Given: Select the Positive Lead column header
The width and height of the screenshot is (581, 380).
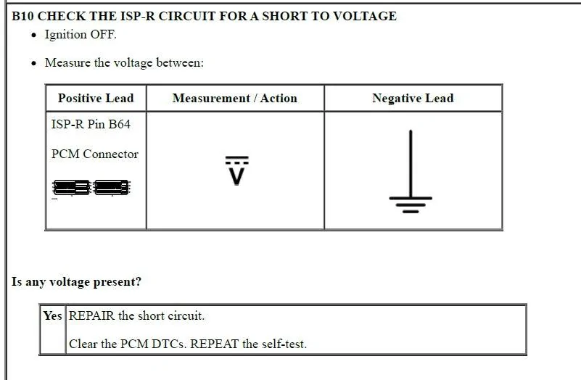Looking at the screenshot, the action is point(96,98).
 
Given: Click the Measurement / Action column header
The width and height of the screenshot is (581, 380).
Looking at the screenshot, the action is point(235,98).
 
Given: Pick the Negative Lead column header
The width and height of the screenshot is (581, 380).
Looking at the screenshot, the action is point(413,98).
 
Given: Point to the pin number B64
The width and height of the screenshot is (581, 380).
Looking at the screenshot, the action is point(119,124).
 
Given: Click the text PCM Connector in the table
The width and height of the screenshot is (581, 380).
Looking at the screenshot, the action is point(95,154).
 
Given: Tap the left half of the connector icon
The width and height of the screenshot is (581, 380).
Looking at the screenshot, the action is point(72,187).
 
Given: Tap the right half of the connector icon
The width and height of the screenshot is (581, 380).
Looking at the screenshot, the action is point(111,187).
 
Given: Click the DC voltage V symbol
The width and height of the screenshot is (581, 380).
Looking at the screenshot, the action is point(236,170).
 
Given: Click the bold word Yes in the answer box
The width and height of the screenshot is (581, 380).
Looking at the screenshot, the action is point(52,315).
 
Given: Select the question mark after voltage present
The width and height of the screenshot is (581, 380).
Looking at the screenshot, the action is point(139,281).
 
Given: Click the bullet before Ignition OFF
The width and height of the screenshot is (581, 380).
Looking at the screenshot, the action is point(35,36).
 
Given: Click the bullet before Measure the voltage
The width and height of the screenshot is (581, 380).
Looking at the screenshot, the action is point(35,63).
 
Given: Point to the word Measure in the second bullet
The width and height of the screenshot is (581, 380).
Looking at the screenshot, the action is point(67,62).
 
